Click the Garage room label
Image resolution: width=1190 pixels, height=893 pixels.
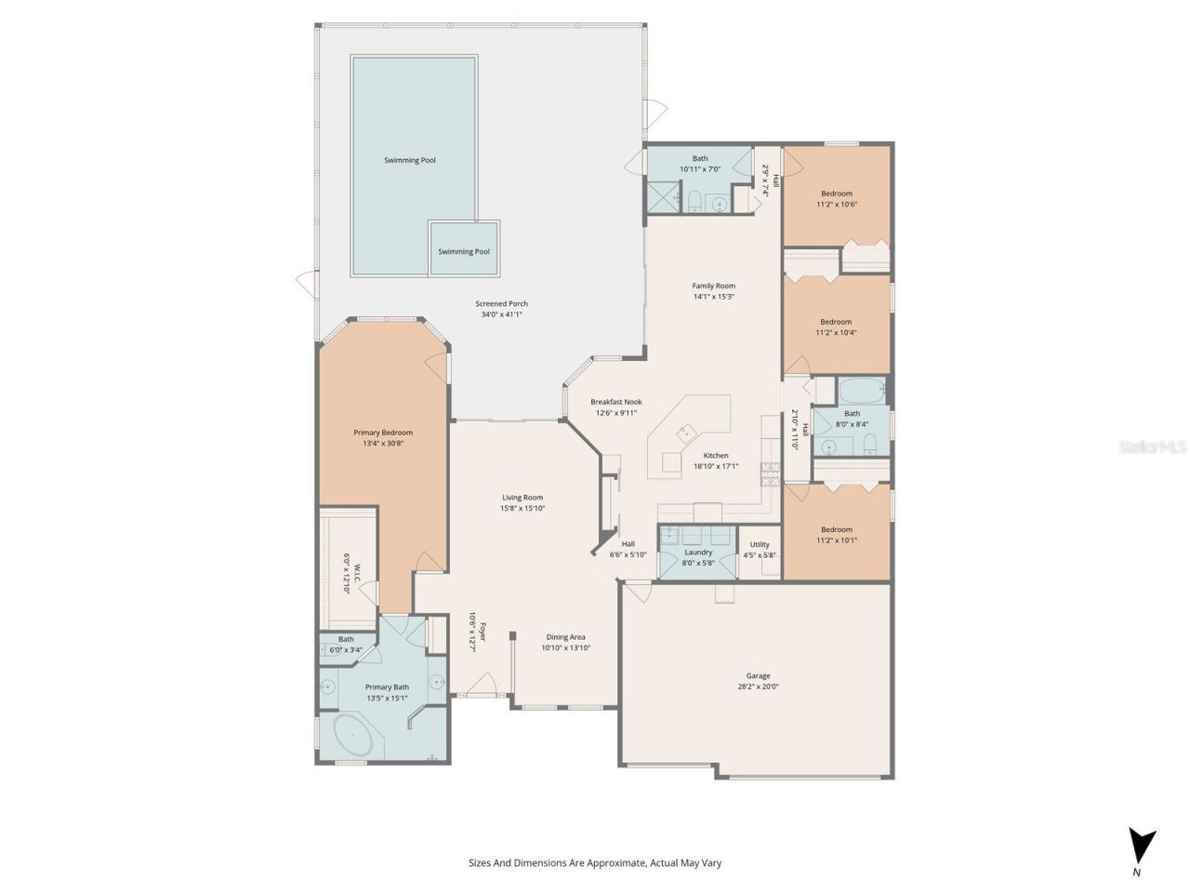pos(758,676)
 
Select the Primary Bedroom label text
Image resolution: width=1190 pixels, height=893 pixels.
pos(382,433)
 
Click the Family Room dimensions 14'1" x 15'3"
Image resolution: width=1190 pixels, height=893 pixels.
pos(713,297)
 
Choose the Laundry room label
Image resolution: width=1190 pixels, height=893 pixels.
pos(698,553)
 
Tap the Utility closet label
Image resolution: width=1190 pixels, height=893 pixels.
pos(760,545)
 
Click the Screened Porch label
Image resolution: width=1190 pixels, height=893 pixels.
pos(501,304)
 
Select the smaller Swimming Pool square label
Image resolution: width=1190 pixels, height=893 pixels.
pos(464,251)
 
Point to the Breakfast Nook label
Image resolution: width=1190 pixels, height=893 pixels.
pos(615,402)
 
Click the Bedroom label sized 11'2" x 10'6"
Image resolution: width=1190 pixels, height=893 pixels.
pos(836,193)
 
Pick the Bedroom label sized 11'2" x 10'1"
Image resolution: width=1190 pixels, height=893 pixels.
pos(836,530)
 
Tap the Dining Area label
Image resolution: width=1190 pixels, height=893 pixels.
pos(565,637)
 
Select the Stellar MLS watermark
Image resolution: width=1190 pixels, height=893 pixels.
pos(1153,447)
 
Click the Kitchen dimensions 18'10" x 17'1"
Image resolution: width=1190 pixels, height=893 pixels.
pos(715,466)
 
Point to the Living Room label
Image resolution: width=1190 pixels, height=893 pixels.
pos(522,498)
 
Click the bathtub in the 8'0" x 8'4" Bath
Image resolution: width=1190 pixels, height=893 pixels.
pos(862,389)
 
